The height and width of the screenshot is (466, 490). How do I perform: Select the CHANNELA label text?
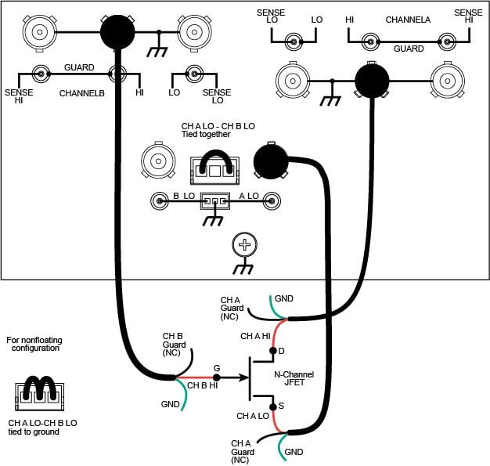click(x=408, y=19)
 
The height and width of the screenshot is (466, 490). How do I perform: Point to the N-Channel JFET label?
click(x=295, y=380)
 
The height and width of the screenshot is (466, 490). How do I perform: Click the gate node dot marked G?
click(x=217, y=377)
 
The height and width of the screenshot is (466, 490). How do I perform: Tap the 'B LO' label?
click(x=183, y=196)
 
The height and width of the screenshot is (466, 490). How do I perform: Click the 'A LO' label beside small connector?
click(x=248, y=196)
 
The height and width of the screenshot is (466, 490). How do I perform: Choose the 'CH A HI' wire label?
click(x=256, y=336)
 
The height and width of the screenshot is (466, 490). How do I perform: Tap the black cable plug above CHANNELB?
click(x=117, y=32)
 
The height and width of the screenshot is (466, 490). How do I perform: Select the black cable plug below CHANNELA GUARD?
click(x=372, y=80)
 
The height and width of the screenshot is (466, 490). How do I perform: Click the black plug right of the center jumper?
click(x=270, y=160)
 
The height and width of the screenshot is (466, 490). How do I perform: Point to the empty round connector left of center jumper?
click(x=157, y=161)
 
